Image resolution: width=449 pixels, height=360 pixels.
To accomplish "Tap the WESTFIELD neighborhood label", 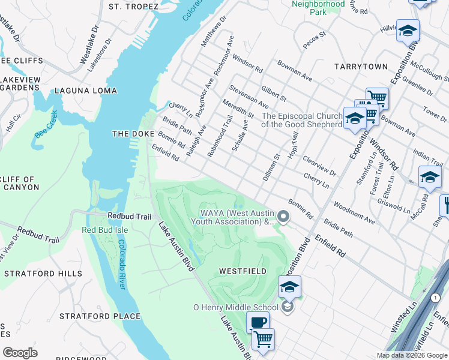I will (x=243, y=271).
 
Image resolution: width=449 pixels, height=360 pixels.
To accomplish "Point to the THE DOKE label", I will (x=134, y=134).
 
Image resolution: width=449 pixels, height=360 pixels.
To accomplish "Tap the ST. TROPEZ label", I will (x=133, y=7).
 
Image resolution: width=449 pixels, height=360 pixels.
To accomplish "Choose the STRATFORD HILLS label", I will (x=43, y=274).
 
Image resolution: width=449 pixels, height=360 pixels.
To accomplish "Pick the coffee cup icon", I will (x=258, y=323).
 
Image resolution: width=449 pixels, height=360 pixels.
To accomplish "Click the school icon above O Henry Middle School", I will (x=289, y=287).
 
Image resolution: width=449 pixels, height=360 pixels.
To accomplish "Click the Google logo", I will (x=20, y=353).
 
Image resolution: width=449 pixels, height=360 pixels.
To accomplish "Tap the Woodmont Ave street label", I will (x=354, y=213).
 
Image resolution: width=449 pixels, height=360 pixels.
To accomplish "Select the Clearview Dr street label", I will (x=319, y=166).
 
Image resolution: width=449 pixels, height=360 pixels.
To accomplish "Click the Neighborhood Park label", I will (x=318, y=8).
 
